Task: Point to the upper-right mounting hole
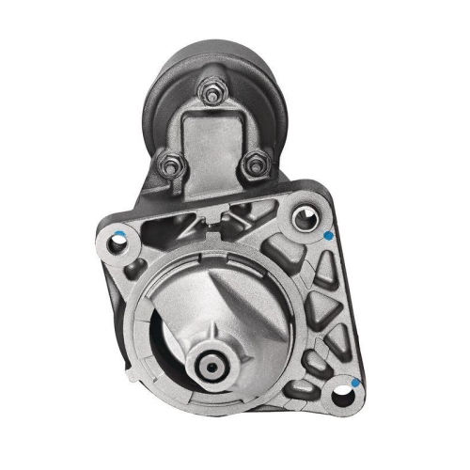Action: pyautogui.click(x=303, y=219)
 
